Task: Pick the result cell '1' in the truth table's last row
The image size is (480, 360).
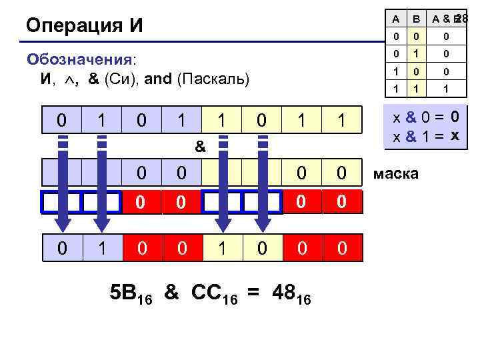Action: [445, 87]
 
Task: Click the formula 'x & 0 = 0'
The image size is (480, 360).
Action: [425, 118]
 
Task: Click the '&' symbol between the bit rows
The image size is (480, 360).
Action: [199, 146]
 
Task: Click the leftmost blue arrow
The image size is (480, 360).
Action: [62, 187]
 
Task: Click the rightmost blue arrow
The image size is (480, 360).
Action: [263, 187]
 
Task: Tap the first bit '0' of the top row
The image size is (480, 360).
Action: [62, 120]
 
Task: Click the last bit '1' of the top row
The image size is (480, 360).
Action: [342, 120]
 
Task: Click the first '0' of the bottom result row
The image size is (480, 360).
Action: [62, 249]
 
